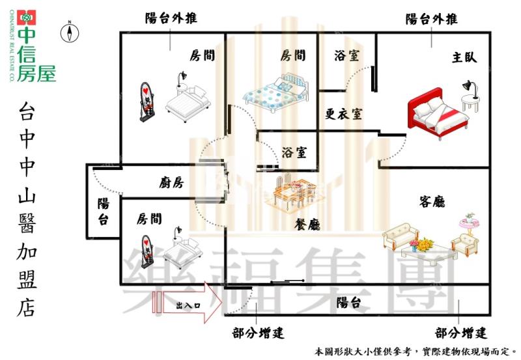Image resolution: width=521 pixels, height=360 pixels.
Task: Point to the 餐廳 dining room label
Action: coord(307,225)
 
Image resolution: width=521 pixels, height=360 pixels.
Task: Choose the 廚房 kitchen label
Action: coord(171,183)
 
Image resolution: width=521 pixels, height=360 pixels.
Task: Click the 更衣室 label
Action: coord(344,114)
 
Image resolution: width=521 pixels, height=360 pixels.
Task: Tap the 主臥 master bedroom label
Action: coord(464,57)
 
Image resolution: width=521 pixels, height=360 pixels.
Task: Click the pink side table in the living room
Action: coord(468,225)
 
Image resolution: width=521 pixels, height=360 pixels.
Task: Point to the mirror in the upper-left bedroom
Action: coord(149,102)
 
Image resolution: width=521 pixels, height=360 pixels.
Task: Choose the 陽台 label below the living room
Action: coord(348,303)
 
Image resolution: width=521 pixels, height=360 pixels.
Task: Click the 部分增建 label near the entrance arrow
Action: coord(259,334)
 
